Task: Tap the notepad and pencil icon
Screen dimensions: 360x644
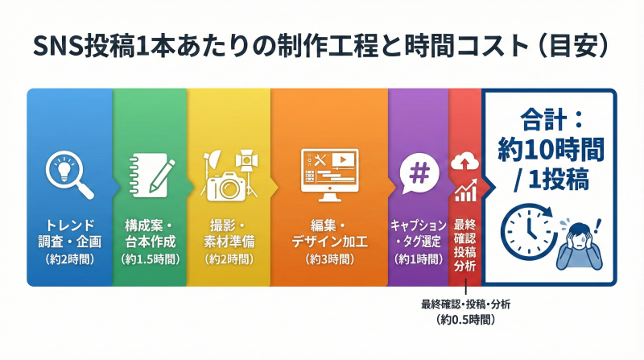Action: pos(151,173)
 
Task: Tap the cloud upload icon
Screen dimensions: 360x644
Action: pos(464,161)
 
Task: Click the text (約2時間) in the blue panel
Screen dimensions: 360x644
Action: pos(70,259)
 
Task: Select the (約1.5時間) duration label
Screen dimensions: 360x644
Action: pos(150,259)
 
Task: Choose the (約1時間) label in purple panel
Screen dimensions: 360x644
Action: pos(419,259)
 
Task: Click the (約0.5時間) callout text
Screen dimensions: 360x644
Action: pos(464,320)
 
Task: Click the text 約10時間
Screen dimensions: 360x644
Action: pos(549,151)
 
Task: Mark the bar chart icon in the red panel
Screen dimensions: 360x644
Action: pos(464,192)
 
